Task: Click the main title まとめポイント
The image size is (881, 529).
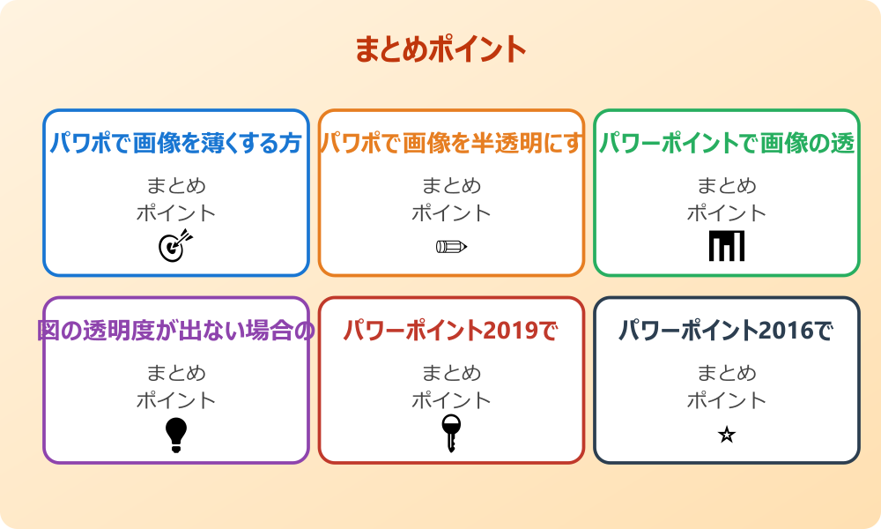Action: click(x=440, y=49)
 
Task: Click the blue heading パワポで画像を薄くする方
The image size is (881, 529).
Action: click(x=176, y=144)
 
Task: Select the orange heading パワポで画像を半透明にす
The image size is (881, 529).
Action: click(x=451, y=144)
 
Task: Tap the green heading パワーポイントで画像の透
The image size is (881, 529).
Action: click(x=727, y=144)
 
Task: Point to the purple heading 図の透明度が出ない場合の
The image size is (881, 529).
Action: click(x=176, y=331)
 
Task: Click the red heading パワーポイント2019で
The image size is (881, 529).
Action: click(x=451, y=331)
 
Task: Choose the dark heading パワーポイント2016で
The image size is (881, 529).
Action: click(x=727, y=331)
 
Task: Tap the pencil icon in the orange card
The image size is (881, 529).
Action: click(x=451, y=246)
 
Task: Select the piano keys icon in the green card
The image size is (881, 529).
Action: click(x=727, y=246)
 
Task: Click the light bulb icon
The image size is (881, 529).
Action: click(x=176, y=434)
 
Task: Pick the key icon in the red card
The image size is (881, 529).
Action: click(x=451, y=433)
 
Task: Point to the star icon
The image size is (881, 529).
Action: click(x=727, y=435)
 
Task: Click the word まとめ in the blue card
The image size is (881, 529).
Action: click(x=176, y=186)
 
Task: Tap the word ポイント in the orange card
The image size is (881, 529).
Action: click(x=451, y=213)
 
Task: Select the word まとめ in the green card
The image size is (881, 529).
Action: click(x=727, y=186)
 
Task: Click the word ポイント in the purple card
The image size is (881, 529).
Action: click(x=176, y=400)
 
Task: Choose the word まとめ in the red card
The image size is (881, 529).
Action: click(x=451, y=373)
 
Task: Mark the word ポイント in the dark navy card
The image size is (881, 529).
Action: click(x=727, y=400)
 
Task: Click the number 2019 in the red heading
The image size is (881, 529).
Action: click(x=508, y=331)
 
